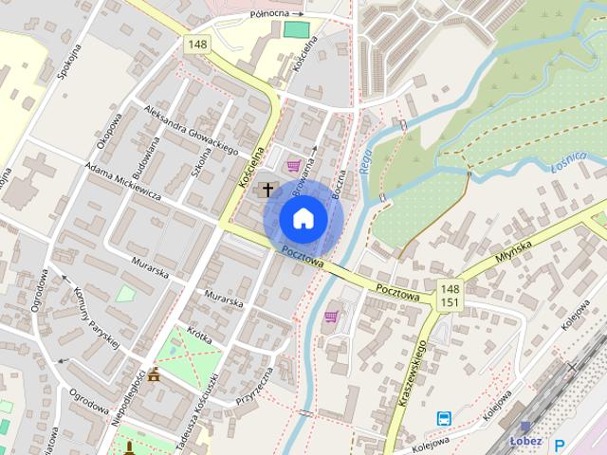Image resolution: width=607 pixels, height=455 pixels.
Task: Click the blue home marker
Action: point(303,219)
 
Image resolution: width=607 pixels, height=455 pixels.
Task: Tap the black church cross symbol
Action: point(267,190)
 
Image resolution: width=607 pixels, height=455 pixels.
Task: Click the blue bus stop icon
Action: point(443,418)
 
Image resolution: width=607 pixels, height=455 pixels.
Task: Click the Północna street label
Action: point(269,15)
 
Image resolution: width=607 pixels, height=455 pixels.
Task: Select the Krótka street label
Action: point(199,334)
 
